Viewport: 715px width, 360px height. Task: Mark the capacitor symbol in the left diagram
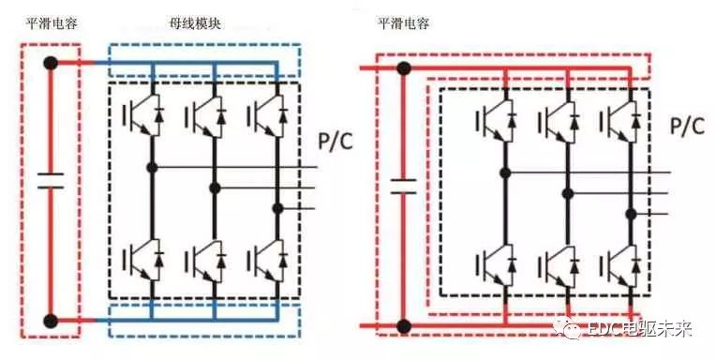(51, 180)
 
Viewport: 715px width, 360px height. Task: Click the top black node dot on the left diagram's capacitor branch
(51, 64)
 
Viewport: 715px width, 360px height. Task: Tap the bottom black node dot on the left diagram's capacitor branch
(51, 322)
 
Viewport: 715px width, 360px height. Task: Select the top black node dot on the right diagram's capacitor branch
(404, 68)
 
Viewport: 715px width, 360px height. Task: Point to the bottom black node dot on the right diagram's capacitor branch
(404, 326)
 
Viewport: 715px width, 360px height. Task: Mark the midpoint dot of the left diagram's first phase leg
(151, 168)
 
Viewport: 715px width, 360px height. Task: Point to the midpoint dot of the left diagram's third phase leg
(277, 208)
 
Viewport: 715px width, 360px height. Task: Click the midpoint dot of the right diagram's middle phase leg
(567, 193)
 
